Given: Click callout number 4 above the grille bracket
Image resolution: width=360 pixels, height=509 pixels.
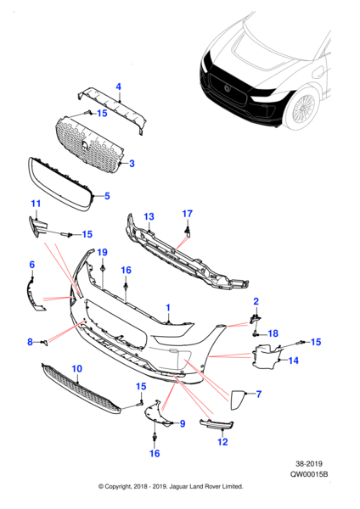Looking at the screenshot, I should coord(119,87).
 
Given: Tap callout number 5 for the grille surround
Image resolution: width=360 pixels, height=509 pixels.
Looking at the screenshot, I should coord(106,196).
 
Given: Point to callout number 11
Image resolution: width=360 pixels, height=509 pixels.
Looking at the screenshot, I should coord(36,204).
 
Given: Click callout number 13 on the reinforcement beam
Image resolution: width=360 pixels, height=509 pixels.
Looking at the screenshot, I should coord(148,217).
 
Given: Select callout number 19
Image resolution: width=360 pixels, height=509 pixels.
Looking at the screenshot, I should coord(102,253).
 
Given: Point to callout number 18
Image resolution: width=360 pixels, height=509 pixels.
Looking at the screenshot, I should coord(273,333).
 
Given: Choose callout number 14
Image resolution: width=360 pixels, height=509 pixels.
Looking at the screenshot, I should coord(294,361).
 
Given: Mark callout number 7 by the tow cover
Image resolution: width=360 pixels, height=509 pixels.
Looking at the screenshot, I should coord(259,394).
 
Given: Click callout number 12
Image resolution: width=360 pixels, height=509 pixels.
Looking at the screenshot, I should coord(223,441).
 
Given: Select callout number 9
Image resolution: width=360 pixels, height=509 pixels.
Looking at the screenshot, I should coord(181,422).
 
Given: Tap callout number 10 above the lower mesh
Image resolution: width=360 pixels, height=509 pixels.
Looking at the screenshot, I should coord(76,368).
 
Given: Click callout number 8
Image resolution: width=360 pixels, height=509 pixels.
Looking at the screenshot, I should coord(31,341).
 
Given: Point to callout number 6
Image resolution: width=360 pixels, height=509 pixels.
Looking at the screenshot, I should coord(32,265).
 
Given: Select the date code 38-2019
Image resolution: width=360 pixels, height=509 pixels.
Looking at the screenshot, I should coord(323,466).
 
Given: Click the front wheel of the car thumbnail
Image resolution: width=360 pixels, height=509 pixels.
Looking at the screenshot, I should coord(303,109).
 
